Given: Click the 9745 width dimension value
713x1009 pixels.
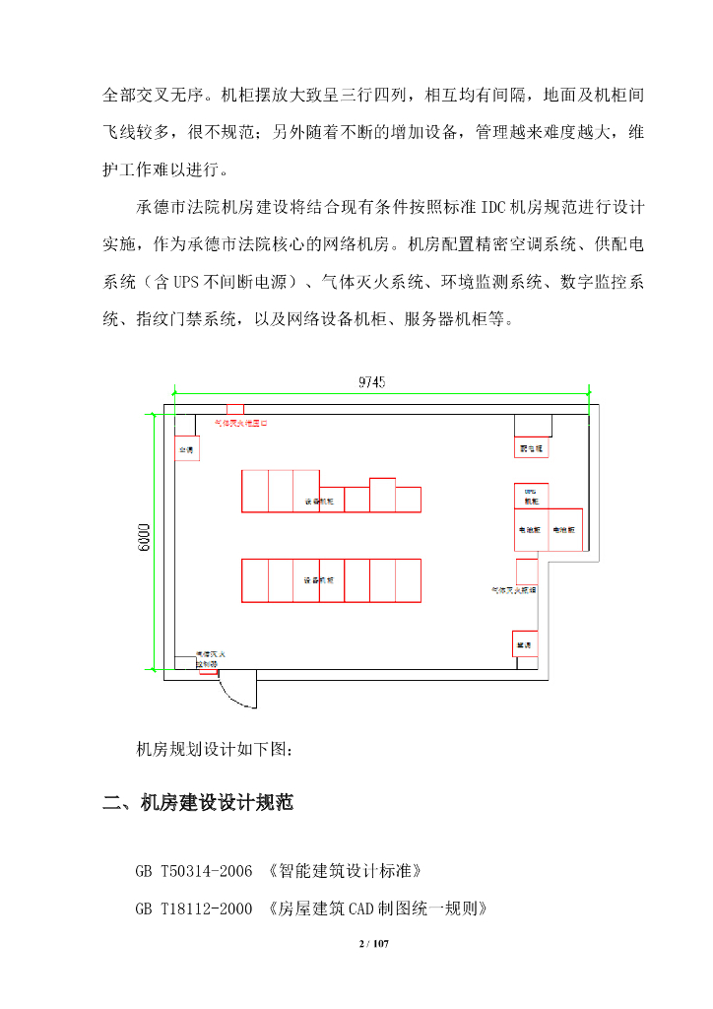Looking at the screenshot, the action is tap(370, 382).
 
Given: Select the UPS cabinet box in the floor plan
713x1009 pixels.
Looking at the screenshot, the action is tap(531, 495).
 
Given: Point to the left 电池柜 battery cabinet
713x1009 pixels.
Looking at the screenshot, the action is tap(532, 528).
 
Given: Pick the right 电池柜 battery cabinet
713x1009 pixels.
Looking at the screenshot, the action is tap(564, 528).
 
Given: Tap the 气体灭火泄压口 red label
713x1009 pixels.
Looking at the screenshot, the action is tap(240, 423).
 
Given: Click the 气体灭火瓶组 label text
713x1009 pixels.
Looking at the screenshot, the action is tap(514, 590).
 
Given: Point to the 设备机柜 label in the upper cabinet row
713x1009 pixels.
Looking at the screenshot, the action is tap(318, 502).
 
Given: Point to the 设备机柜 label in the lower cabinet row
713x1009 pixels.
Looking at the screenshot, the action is tap(318, 580).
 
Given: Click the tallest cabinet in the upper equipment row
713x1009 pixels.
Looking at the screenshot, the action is tap(382, 495).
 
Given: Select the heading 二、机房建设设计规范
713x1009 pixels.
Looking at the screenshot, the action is tap(198, 803).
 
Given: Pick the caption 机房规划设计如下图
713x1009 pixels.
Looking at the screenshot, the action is tap(214, 749).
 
